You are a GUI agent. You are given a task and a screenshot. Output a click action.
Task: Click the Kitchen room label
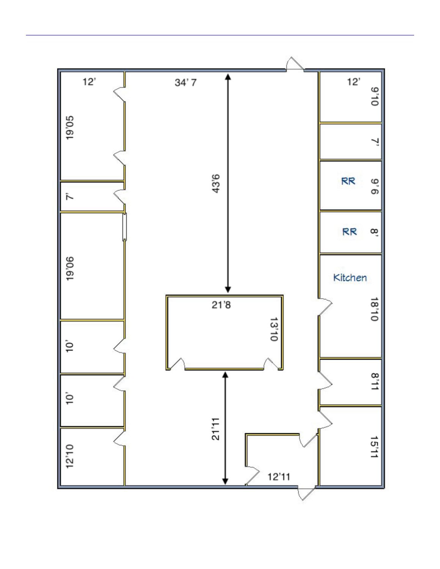pos(350,278)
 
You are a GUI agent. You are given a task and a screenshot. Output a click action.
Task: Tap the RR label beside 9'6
pos(348,181)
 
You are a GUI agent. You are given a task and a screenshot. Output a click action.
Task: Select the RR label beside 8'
pos(350,231)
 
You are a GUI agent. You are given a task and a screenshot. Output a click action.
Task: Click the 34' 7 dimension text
pos(186,83)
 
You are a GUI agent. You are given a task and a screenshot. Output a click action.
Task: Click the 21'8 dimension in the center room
pos(221,305)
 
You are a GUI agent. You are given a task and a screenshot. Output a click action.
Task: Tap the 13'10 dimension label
pos(274,329)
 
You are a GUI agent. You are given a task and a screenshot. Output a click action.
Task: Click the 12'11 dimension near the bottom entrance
pos(279,476)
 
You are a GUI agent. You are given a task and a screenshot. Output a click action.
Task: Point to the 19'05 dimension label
pos(70,128)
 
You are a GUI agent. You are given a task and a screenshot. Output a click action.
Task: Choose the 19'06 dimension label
pos(70,269)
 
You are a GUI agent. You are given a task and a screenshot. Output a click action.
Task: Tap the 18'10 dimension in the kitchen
pos(375,309)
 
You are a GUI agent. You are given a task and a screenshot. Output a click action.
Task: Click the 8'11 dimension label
pos(375,381)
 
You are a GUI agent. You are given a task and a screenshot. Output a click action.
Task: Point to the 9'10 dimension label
pos(375,96)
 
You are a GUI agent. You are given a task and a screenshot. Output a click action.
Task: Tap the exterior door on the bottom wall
pos(307,494)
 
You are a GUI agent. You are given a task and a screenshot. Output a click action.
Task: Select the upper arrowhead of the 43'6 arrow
pos(228,76)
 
